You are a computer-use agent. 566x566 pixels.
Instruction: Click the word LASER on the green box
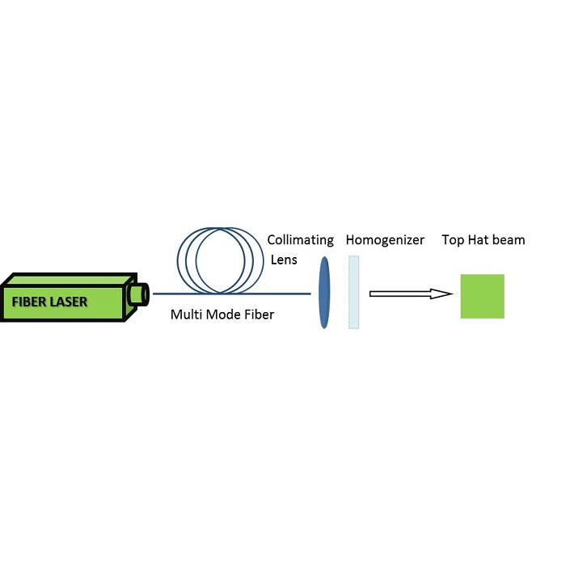(68, 303)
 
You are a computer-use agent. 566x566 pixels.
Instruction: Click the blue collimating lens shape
(324, 292)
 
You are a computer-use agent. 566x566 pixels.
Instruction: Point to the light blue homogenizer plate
(353, 292)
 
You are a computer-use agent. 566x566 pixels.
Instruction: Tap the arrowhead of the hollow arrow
(441, 294)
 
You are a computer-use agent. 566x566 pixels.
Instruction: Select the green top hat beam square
(482, 296)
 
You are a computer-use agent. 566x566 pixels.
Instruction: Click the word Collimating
(300, 240)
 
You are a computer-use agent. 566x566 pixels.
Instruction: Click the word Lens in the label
(284, 260)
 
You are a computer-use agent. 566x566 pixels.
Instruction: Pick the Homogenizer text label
(384, 240)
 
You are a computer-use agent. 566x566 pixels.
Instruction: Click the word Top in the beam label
(453, 240)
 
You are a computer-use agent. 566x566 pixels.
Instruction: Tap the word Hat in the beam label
(478, 240)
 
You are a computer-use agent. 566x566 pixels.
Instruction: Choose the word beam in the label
(509, 240)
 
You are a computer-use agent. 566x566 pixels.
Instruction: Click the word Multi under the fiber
(184, 315)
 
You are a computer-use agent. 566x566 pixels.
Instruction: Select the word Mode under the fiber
(222, 315)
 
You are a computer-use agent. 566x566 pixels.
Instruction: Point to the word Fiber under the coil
(258, 315)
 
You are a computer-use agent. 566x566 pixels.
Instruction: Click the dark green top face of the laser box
(65, 281)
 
